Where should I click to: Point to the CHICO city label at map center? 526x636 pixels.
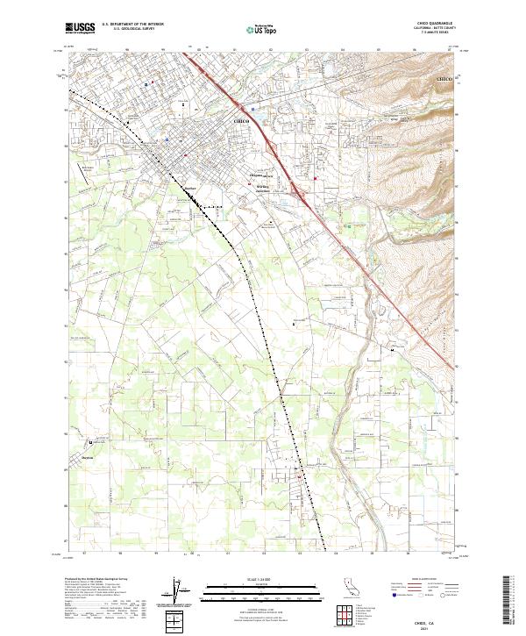(x=243, y=120)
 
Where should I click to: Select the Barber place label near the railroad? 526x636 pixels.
(x=188, y=187)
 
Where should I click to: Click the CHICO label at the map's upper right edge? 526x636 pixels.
(x=444, y=80)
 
